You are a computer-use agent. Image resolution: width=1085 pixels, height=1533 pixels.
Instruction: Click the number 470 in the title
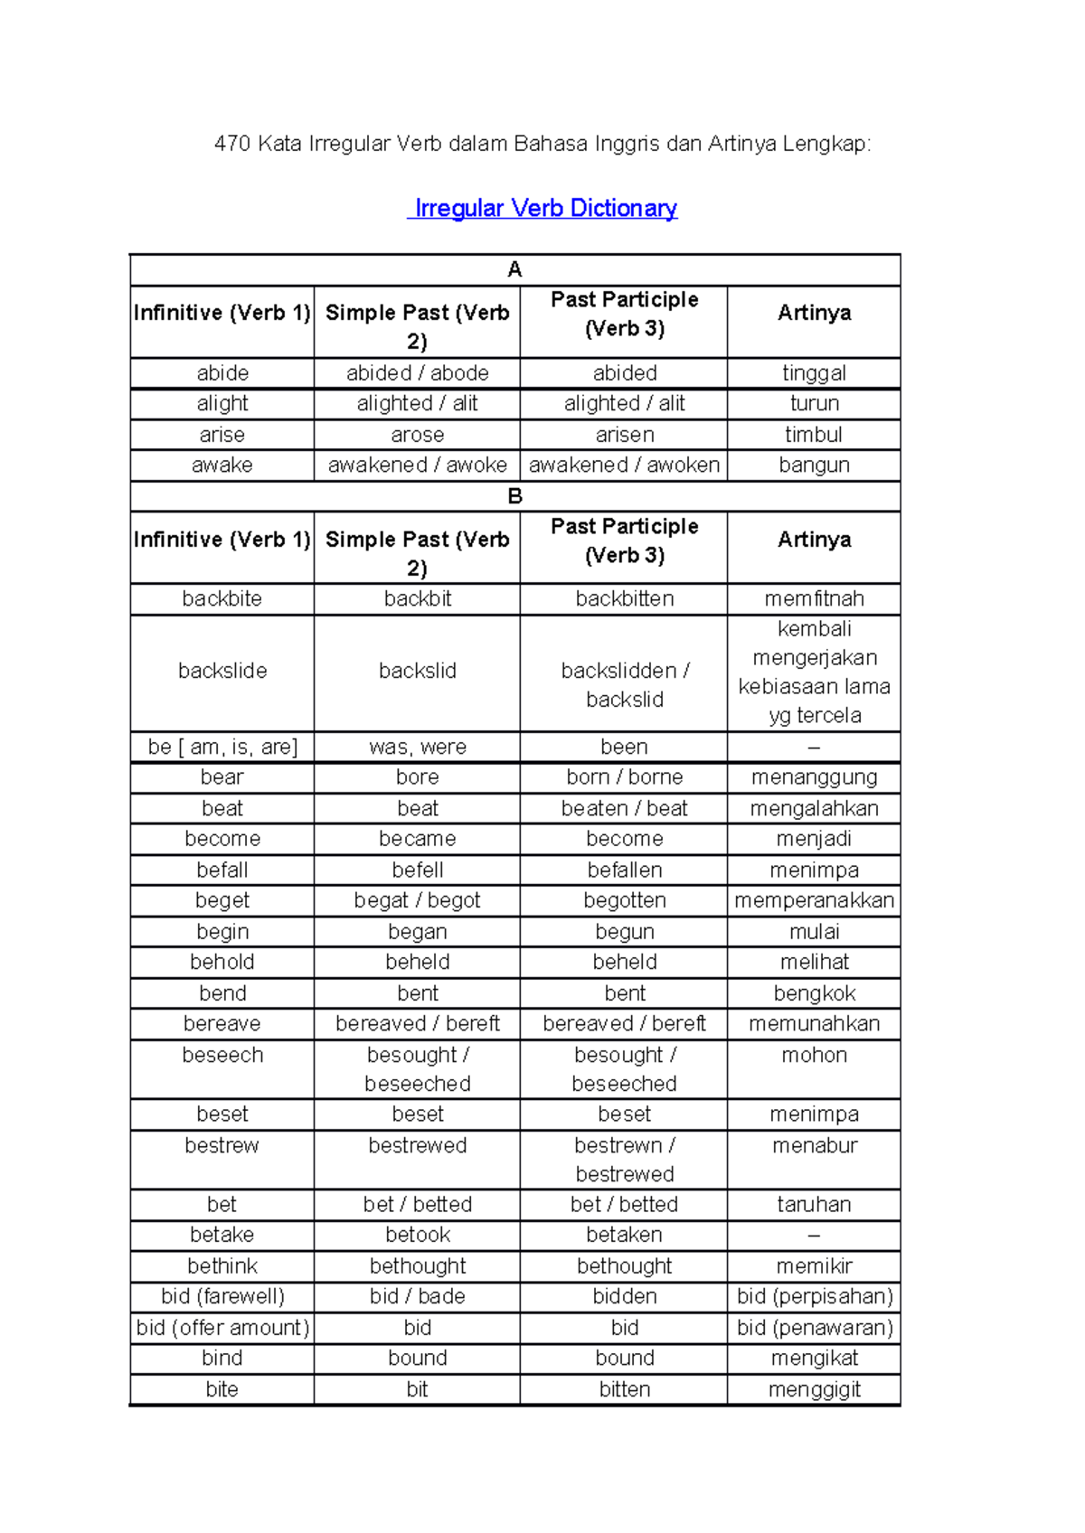(231, 144)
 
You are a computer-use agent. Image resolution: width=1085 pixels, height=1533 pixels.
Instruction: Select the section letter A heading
(514, 269)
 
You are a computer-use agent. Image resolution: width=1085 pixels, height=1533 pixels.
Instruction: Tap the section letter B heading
(514, 496)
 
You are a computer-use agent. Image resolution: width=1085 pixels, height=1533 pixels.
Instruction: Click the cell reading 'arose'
(417, 435)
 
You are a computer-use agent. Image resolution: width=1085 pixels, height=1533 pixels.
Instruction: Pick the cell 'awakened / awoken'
(624, 466)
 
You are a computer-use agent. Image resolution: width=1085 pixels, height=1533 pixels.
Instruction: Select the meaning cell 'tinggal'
(814, 373)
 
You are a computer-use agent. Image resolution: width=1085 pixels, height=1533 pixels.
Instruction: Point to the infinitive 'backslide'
(222, 671)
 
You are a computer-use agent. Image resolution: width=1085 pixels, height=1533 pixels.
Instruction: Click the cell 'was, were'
(417, 748)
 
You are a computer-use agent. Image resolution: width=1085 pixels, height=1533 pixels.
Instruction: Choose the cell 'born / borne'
(624, 777)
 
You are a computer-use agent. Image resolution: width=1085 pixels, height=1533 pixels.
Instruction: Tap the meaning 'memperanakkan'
(814, 900)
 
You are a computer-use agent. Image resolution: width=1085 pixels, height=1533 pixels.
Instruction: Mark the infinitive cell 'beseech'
(222, 1055)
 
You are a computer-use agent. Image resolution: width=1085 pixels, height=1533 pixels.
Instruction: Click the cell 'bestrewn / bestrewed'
(624, 1160)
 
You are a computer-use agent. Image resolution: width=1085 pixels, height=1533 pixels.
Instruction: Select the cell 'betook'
(417, 1235)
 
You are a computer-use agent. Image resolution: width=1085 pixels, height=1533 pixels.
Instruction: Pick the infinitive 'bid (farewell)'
(222, 1296)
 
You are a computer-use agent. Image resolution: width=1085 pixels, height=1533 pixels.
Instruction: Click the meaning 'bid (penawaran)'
(814, 1328)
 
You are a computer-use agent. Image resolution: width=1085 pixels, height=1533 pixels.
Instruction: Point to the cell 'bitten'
(624, 1389)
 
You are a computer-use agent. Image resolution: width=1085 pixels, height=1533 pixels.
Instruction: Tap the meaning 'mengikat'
(814, 1358)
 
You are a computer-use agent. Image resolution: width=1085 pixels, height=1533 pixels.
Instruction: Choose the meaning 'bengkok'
(814, 993)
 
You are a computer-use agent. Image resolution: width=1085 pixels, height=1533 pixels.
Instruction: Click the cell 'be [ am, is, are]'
(222, 748)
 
